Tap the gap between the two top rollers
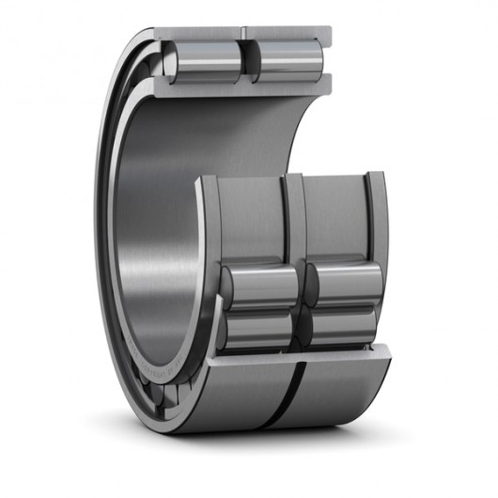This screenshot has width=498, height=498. (247, 61)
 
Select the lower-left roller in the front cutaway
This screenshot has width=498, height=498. (258, 330)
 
